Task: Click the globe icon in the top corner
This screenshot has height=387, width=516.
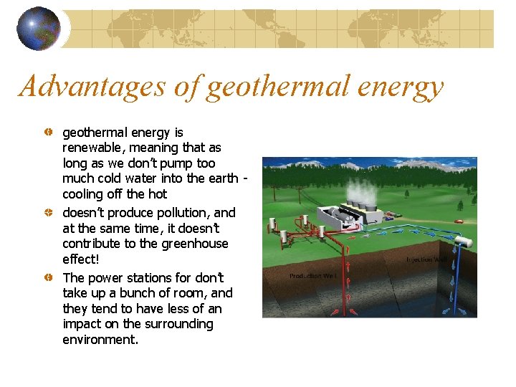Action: pos(39,29)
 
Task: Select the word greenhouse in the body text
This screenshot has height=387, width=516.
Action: pos(190,244)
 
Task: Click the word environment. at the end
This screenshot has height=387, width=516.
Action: pos(100,340)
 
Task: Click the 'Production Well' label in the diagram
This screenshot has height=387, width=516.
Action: pos(312,276)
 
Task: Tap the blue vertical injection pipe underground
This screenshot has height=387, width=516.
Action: pos(457,287)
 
